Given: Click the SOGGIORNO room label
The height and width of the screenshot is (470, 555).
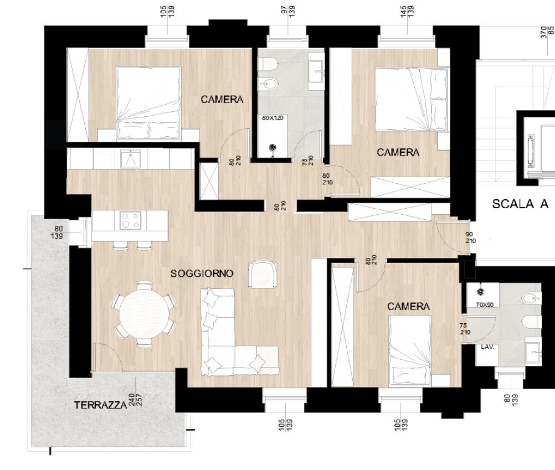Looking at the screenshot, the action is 202,273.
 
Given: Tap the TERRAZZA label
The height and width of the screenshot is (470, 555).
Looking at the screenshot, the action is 100,405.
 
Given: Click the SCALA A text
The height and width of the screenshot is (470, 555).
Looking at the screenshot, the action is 520,204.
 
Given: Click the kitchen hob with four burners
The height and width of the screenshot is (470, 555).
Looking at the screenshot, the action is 130,220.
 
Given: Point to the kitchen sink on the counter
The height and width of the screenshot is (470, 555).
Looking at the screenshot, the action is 131,159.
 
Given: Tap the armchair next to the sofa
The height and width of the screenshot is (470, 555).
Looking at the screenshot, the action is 263,274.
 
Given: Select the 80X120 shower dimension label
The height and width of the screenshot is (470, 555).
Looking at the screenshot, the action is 273,118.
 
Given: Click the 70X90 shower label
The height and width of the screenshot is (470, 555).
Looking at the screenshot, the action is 485,304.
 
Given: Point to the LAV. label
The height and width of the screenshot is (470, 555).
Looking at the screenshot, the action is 487,347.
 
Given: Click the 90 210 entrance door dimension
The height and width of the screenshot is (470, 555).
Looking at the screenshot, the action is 470,237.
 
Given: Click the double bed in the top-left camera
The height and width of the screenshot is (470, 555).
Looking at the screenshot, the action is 148,102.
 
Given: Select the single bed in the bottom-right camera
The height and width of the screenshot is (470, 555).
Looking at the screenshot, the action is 410,350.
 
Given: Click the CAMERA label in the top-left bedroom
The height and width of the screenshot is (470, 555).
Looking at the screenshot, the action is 222,100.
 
